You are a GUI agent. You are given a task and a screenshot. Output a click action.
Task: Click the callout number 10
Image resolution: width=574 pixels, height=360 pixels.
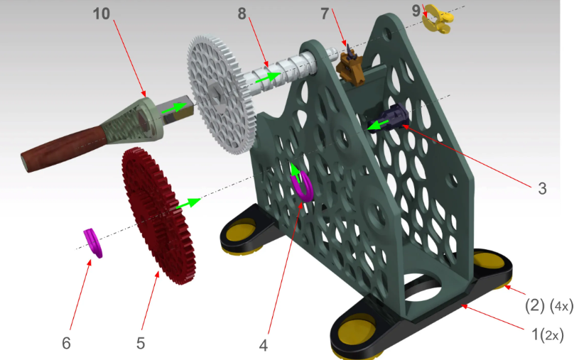click(102, 13)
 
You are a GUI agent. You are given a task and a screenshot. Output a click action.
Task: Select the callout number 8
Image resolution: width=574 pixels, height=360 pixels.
click(242, 13)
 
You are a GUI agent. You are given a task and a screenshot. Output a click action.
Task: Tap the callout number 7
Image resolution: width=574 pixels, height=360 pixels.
click(325, 14)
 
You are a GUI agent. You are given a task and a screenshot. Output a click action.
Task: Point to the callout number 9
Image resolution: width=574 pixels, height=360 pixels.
click(416, 11)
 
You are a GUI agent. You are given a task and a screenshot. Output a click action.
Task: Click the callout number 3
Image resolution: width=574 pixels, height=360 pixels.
click(542, 188)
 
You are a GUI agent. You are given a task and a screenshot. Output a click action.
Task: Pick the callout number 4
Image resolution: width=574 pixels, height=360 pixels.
click(264, 345)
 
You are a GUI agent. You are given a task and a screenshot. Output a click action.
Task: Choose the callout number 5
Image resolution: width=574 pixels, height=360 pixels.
click(141, 343)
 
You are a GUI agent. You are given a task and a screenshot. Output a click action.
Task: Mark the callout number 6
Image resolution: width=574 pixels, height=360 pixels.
click(66, 343)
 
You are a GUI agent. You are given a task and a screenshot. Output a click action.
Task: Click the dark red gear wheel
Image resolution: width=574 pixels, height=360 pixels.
click(158, 215)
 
